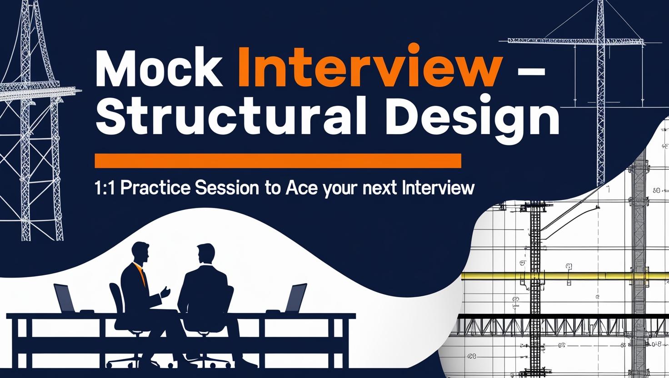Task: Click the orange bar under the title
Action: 277,160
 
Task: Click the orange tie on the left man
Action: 143,276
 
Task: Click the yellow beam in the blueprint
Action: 564,276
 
